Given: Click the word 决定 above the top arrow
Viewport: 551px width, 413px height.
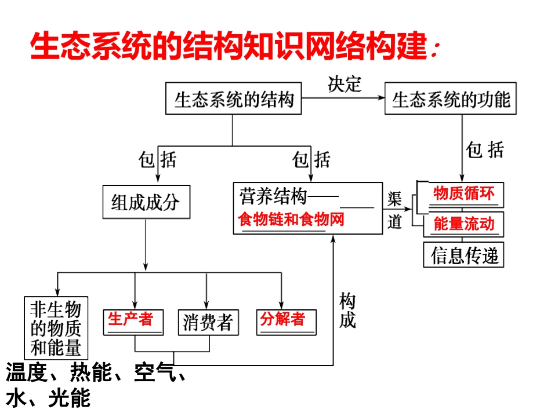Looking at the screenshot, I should coord(345,85).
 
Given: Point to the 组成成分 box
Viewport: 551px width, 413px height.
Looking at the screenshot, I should coord(146,202).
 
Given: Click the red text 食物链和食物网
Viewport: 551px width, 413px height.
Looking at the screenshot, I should coord(291,220).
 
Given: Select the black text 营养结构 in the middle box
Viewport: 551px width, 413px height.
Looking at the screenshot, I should coord(273,198).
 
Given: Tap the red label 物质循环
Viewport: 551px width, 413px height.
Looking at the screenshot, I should coord(464,193).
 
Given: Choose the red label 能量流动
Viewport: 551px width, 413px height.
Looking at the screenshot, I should coord(464,224).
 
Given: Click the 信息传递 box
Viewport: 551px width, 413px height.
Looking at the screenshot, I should coord(465,254).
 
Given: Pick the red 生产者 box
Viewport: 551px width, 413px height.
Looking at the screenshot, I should coord(133,321).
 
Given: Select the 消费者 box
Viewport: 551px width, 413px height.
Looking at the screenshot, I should coord(207,322).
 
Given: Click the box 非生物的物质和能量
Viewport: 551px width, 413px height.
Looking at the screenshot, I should coord(56,328).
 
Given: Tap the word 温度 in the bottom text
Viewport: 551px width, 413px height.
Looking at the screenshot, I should coord(26,373).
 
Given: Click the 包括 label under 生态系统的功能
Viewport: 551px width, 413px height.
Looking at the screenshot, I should coord(485,151).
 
